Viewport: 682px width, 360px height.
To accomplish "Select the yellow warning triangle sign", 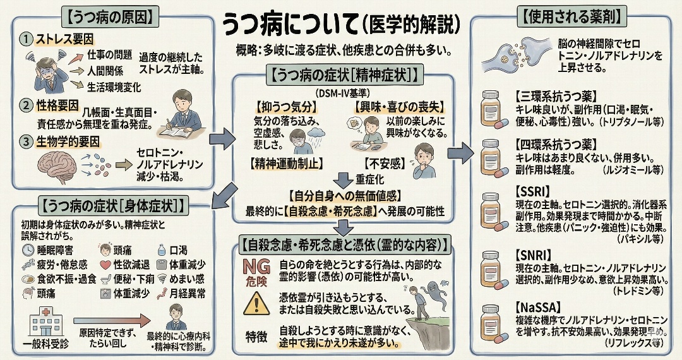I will (x=256, y=304).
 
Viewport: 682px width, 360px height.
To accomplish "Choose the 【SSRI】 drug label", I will (x=532, y=191).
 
